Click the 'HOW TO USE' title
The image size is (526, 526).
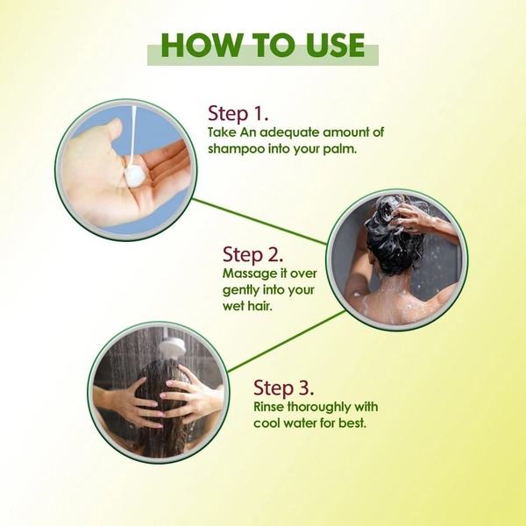click(x=263, y=46)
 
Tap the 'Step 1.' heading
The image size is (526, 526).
click(x=238, y=113)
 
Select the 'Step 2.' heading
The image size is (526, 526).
click(x=253, y=254)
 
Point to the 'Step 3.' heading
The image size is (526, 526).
click(x=284, y=387)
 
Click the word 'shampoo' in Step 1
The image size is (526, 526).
click(x=237, y=149)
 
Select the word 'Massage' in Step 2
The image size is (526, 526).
click(x=245, y=274)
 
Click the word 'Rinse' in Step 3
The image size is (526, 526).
click(x=269, y=407)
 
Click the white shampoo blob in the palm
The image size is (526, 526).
click(x=133, y=174)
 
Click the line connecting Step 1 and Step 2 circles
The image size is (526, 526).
click(x=259, y=222)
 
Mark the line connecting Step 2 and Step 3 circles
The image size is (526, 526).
click(x=287, y=341)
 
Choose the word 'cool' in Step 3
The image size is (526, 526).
click(x=266, y=423)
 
